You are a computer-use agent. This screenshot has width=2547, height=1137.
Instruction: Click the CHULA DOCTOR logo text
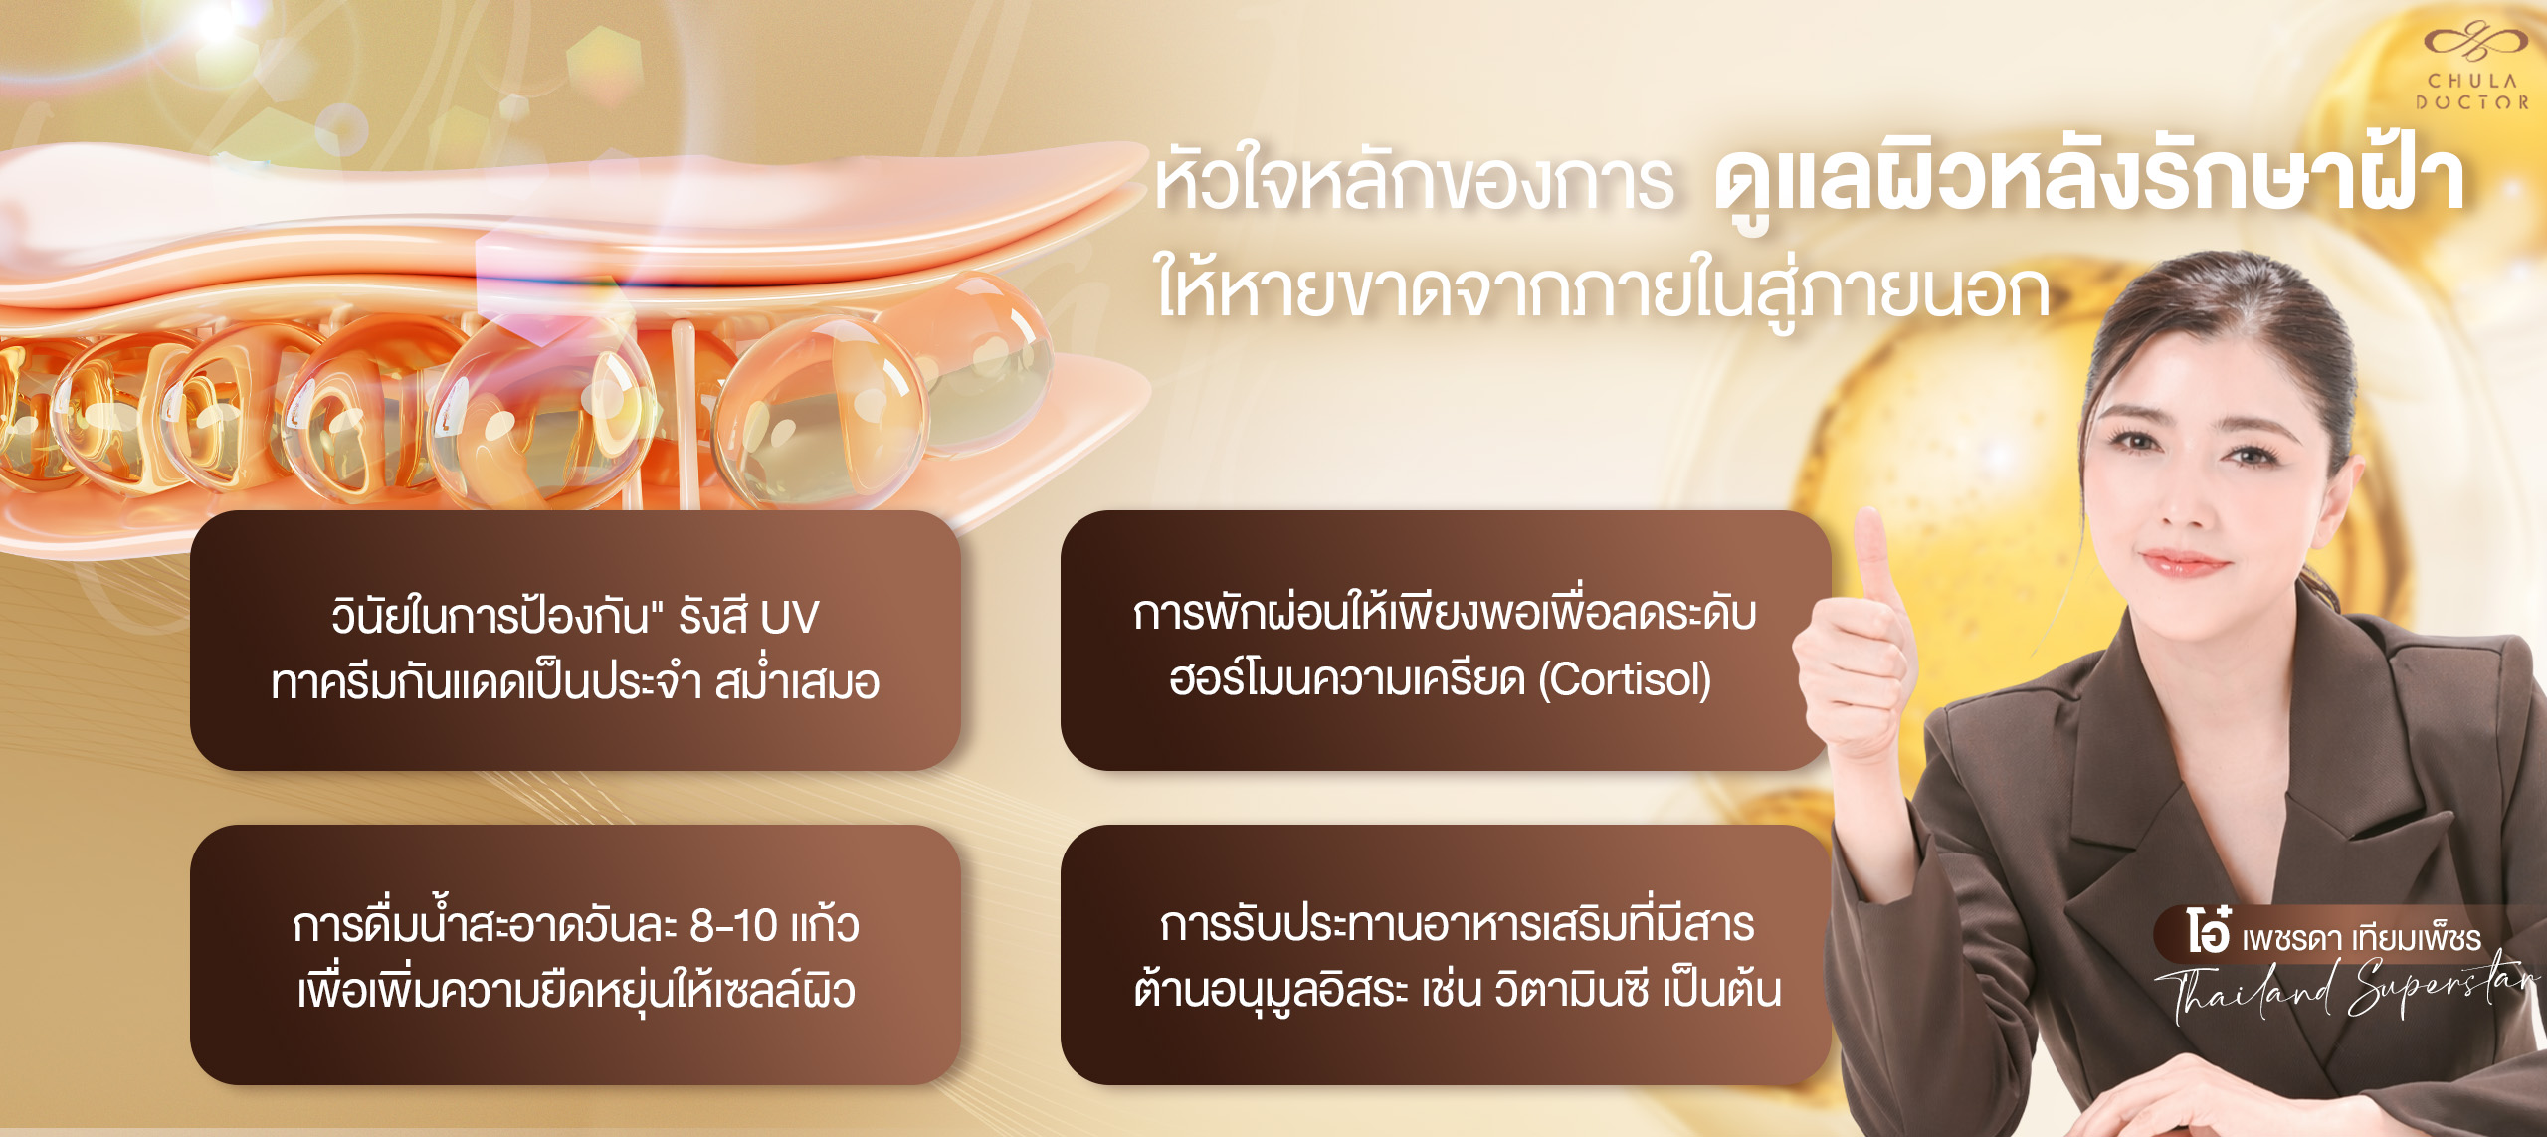(2471, 92)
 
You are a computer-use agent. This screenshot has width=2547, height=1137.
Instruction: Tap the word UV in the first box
(789, 618)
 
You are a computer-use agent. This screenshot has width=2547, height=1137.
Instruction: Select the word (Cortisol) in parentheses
(1624, 680)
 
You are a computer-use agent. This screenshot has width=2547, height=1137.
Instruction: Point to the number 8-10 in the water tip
(734, 926)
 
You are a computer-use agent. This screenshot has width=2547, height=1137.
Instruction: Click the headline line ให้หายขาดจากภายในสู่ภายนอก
(1602, 289)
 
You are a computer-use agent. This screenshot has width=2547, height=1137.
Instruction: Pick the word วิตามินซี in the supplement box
(1571, 991)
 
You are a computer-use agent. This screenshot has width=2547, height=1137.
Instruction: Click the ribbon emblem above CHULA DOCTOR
(2473, 43)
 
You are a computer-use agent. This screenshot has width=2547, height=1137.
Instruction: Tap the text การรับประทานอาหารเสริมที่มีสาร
(1457, 925)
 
